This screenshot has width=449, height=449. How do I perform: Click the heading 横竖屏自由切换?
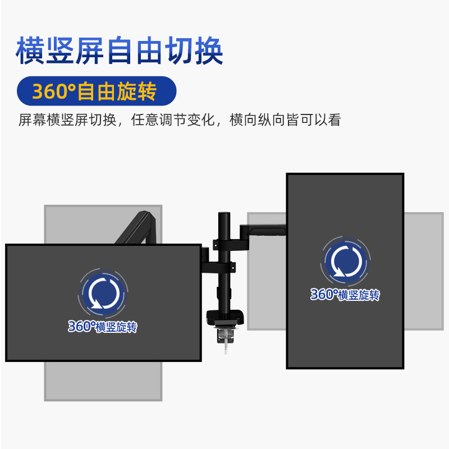point(119,51)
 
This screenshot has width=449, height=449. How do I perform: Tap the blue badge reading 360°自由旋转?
point(96,91)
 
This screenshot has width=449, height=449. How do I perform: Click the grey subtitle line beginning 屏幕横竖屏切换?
point(179,120)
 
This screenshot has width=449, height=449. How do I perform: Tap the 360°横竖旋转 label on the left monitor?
point(103,327)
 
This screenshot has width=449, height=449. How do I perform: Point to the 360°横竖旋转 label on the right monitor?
point(345,294)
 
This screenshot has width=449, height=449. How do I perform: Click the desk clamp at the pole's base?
point(226,320)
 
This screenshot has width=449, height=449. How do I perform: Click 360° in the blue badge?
point(53,91)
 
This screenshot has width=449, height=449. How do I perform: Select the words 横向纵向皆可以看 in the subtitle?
point(285,120)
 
